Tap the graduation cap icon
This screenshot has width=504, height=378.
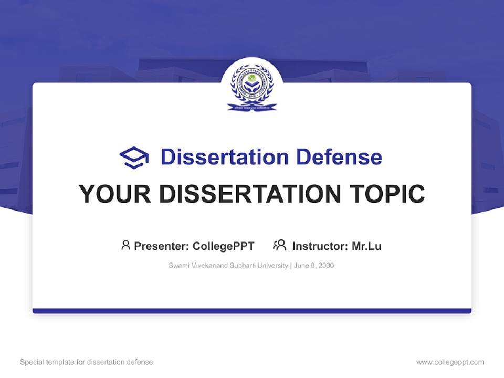(134, 157)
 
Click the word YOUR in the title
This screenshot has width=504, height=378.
(114, 194)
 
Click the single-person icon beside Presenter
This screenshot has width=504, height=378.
(125, 245)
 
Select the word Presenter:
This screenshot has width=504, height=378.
(161, 246)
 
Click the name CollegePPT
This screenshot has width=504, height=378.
(224, 246)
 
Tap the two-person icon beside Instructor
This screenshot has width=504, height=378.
(279, 245)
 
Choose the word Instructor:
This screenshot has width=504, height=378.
(320, 246)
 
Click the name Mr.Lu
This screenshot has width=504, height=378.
(366, 246)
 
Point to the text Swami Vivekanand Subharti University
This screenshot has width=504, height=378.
(228, 266)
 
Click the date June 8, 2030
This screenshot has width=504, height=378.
(314, 266)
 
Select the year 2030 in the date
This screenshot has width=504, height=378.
(326, 266)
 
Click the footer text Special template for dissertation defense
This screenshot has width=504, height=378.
(87, 362)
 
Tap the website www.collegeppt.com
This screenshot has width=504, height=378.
(450, 362)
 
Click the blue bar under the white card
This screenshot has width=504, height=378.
(252, 311)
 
